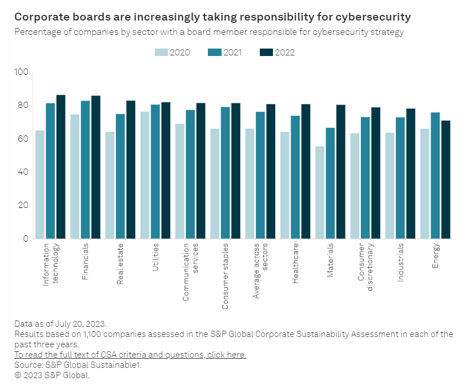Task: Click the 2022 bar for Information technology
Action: click(x=61, y=167)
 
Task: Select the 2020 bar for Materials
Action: click(x=320, y=193)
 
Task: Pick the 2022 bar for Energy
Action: click(x=445, y=179)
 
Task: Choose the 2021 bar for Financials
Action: click(x=85, y=170)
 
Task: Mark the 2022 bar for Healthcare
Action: click(x=306, y=171)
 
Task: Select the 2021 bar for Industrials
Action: click(x=400, y=178)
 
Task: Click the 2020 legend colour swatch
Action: click(x=161, y=53)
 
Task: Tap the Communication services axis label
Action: click(x=190, y=272)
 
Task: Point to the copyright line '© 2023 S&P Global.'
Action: click(x=52, y=375)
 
